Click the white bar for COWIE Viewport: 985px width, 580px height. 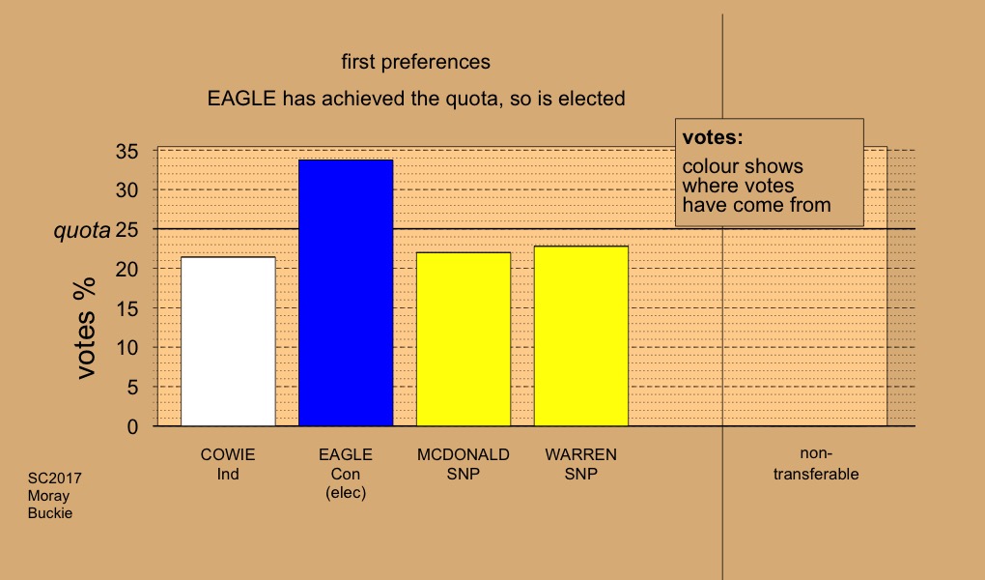(228, 341)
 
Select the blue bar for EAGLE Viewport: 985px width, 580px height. (346, 293)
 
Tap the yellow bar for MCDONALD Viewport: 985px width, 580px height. (464, 339)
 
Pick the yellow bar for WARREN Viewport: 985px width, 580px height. (581, 336)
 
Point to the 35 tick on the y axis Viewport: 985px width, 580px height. (127, 151)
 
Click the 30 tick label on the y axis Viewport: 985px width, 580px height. (127, 190)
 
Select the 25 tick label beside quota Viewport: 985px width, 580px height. (127, 230)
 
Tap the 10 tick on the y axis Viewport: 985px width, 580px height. (127, 347)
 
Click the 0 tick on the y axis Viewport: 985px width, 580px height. (132, 426)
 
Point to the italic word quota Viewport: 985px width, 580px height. (82, 231)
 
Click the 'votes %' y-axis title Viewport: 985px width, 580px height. (86, 328)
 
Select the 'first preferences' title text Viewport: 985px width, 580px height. (416, 62)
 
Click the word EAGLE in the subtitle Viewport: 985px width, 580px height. (241, 99)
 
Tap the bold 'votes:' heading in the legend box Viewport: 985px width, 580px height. (713, 137)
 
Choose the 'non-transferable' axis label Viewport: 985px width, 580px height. (816, 464)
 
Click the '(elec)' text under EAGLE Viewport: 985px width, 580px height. (346, 493)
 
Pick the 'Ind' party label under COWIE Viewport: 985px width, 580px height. (228, 474)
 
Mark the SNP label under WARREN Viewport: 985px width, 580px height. (581, 474)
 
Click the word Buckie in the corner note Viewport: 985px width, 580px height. (49, 513)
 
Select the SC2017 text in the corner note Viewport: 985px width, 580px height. (55, 478)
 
